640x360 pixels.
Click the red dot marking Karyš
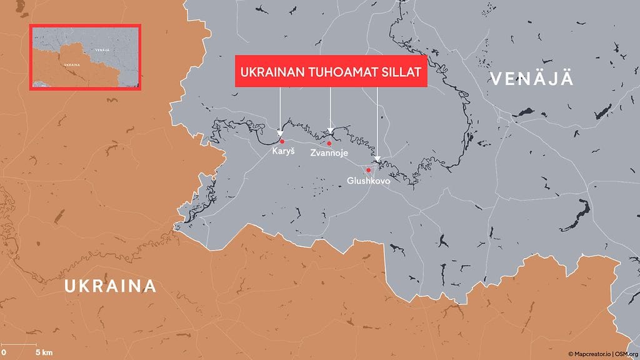(282, 141)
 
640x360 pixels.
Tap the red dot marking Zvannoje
(329, 143)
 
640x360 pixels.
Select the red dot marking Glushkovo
(369, 170)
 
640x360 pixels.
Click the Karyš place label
(282, 152)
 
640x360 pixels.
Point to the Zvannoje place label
(329, 154)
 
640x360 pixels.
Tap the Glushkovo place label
(369, 181)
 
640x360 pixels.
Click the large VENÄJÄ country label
(532, 79)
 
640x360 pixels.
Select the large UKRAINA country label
(110, 286)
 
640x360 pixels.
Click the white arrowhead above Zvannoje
(331, 131)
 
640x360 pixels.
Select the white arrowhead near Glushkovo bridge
(377, 159)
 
